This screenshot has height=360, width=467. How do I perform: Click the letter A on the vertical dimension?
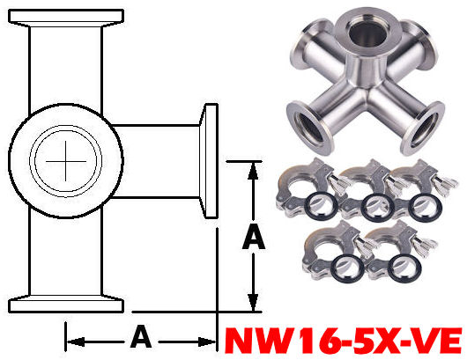(254, 236)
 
